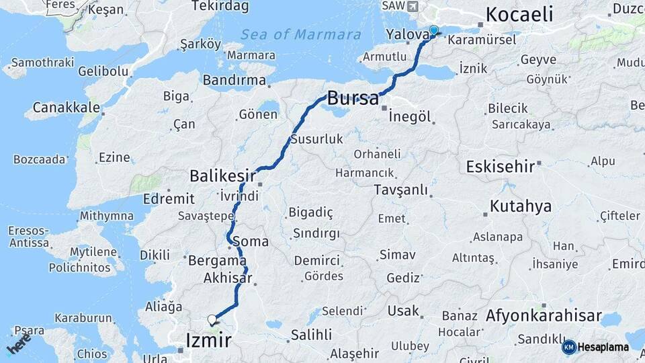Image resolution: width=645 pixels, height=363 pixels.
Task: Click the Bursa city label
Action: click(353, 98)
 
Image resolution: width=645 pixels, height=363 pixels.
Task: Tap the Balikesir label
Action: click(222, 176)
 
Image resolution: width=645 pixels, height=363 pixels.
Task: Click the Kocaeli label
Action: click(519, 13)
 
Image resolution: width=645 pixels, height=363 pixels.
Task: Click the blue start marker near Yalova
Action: click(433, 30)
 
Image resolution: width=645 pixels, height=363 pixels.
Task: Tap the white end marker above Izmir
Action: click(212, 319)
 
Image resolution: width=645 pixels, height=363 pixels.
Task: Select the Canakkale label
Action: click(67, 107)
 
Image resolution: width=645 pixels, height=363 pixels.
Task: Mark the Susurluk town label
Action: click(316, 140)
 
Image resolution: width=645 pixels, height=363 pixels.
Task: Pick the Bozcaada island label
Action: click(40, 159)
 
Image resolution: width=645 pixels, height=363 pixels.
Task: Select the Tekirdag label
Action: click(220, 6)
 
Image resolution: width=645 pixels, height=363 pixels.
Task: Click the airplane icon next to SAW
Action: click(411, 6)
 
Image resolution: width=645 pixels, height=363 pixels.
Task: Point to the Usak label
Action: click(403, 311)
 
